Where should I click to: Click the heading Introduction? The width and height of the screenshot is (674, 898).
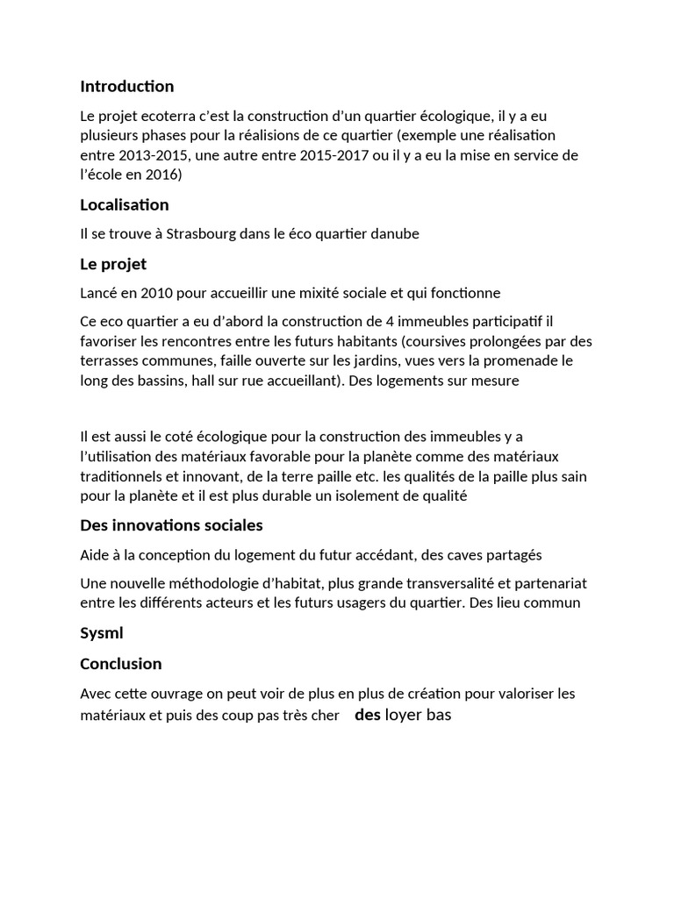(x=126, y=86)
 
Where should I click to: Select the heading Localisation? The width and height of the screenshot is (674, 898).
(x=124, y=204)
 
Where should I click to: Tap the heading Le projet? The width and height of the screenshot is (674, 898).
(x=113, y=264)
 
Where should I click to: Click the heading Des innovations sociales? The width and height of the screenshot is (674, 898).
(x=171, y=525)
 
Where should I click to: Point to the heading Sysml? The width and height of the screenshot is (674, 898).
(x=102, y=633)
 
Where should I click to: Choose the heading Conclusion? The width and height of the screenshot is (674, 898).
(x=120, y=663)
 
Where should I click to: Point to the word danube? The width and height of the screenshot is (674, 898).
(x=395, y=234)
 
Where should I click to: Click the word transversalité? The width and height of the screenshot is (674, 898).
(x=428, y=583)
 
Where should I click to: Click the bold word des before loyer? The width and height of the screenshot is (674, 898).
(x=367, y=715)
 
